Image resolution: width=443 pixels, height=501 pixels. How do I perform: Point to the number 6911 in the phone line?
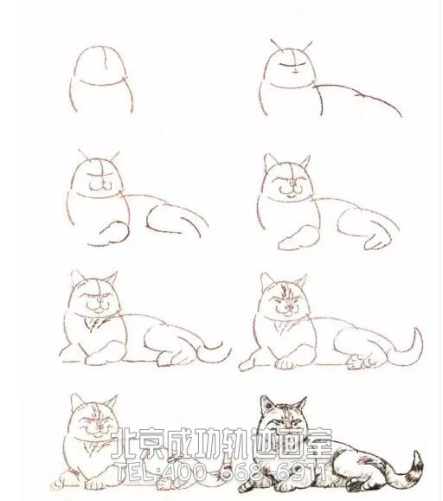(x=303, y=472)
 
